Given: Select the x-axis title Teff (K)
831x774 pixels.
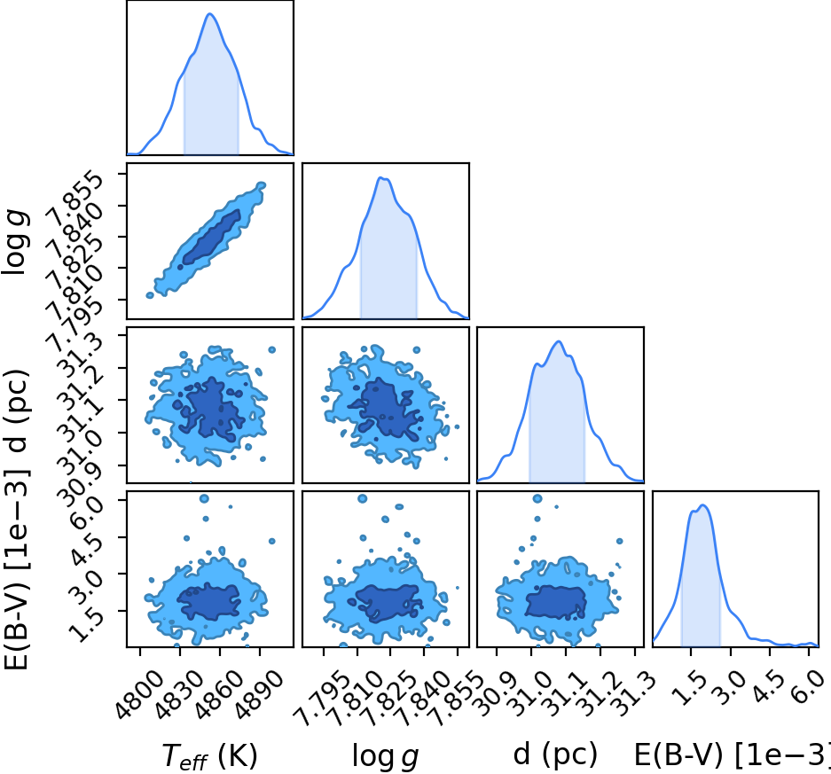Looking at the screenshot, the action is [x=209, y=755].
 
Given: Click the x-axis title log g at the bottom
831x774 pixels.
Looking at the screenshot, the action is [x=385, y=756].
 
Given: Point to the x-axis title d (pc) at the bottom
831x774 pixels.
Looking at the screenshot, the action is [x=555, y=754].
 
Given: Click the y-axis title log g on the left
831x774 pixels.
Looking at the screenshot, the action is [x=15, y=242].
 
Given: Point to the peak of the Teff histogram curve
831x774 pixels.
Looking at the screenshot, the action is [x=210, y=14].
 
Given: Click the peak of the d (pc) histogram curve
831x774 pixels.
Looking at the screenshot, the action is [x=559, y=341].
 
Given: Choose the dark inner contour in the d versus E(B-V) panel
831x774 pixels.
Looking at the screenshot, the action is [x=555, y=602].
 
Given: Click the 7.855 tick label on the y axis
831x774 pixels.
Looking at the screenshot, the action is [x=72, y=196].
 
